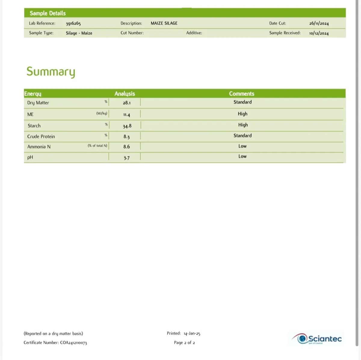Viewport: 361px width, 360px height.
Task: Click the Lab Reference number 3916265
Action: [73, 23]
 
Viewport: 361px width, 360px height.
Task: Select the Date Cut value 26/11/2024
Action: [319, 23]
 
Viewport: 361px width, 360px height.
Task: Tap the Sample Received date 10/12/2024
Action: [319, 33]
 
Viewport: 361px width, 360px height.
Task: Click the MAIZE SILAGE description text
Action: [164, 23]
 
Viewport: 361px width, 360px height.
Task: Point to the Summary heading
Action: [51, 72]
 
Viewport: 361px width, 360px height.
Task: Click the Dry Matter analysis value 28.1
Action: [127, 103]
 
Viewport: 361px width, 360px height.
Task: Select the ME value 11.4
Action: [127, 115]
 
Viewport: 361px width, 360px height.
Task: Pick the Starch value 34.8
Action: [127, 126]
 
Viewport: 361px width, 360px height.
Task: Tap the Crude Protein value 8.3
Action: [127, 137]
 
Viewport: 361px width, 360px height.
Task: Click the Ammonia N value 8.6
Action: [127, 147]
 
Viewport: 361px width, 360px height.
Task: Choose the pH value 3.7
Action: [127, 158]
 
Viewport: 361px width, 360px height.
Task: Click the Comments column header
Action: [242, 94]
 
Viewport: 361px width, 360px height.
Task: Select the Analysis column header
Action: [125, 94]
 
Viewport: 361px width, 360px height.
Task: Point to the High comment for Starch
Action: [243, 125]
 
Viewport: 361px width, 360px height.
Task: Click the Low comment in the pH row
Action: [242, 156]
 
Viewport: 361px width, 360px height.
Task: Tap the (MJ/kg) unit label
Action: [102, 113]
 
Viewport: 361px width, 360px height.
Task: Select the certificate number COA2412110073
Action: [73, 343]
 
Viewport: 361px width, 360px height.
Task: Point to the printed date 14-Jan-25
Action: [192, 334]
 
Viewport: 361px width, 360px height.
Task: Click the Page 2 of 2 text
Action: [184, 343]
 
